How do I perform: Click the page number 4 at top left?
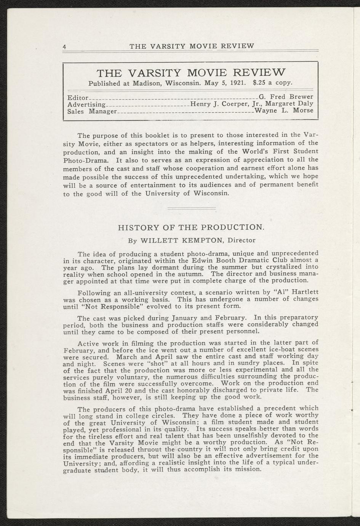click(x=65, y=47)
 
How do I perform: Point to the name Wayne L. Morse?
click(x=284, y=111)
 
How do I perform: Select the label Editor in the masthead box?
click(x=78, y=97)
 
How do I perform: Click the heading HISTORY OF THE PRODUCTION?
click(x=191, y=228)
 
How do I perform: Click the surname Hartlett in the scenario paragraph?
click(x=305, y=292)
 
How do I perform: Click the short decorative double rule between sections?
click(x=191, y=208)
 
